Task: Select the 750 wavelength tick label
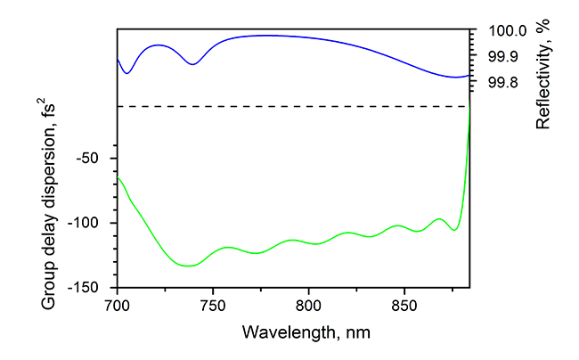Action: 213,305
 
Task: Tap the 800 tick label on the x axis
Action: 309,305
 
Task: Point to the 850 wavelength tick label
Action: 404,305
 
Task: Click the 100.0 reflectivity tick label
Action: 506,31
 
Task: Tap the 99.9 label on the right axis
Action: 502,57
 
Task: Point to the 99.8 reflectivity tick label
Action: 502,83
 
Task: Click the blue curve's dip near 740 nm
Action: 192,64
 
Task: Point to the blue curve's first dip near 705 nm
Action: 126,73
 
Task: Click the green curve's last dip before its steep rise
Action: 454,231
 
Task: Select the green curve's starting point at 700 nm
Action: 118,178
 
